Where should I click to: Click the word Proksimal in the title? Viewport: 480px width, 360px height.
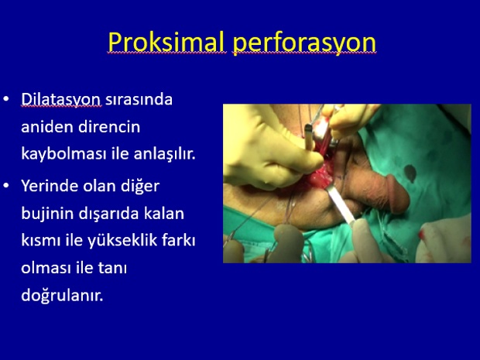166,42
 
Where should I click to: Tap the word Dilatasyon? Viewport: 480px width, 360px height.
60,100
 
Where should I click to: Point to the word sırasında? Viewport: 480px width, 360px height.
139,100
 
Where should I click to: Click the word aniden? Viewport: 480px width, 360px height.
47,126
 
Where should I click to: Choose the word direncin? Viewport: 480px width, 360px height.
109,126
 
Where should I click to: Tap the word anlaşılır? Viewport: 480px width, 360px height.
164,153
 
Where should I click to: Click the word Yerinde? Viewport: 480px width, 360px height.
50,186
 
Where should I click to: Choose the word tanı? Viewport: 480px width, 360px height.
112,268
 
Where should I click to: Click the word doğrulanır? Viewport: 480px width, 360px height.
62,296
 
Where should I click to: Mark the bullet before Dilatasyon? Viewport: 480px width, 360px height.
6,99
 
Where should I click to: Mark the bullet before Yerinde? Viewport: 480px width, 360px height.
6,185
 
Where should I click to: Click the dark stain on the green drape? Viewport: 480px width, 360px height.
410,173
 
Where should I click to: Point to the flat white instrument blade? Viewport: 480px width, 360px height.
341,204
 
